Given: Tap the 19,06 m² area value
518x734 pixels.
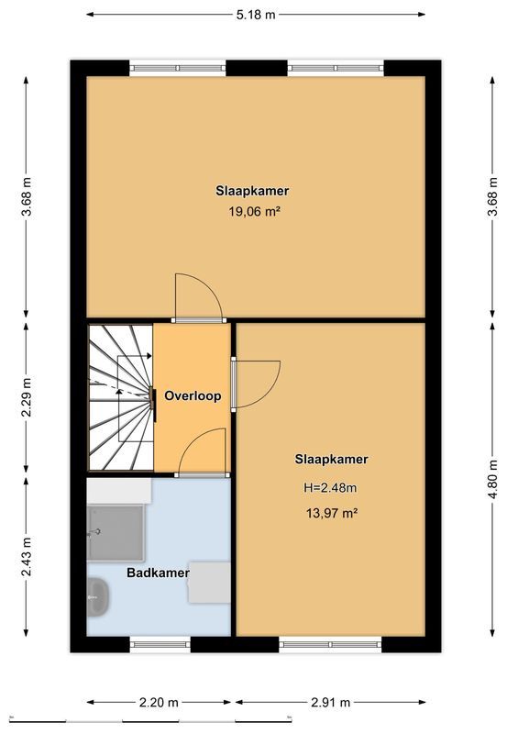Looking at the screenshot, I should [254, 211].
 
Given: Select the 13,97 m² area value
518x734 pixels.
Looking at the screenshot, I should [331, 514].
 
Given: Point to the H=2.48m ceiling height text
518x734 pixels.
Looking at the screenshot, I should [331, 487].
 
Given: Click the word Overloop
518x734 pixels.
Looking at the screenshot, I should [193, 396].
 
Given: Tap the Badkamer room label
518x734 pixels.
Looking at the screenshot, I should [158, 573].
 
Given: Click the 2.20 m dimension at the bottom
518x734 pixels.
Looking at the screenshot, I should [160, 703].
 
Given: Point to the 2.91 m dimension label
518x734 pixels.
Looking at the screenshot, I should [331, 703].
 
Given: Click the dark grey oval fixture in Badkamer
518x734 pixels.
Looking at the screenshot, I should [97, 597].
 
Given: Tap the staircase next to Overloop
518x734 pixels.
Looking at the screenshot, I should [119, 396].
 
